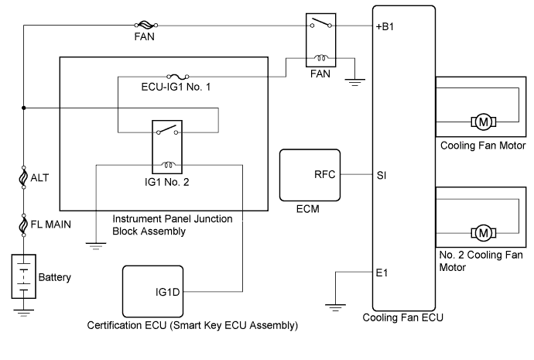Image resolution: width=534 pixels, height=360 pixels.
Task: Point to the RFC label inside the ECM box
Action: pos(326,174)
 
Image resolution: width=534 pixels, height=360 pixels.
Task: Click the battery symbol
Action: pos(25,275)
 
